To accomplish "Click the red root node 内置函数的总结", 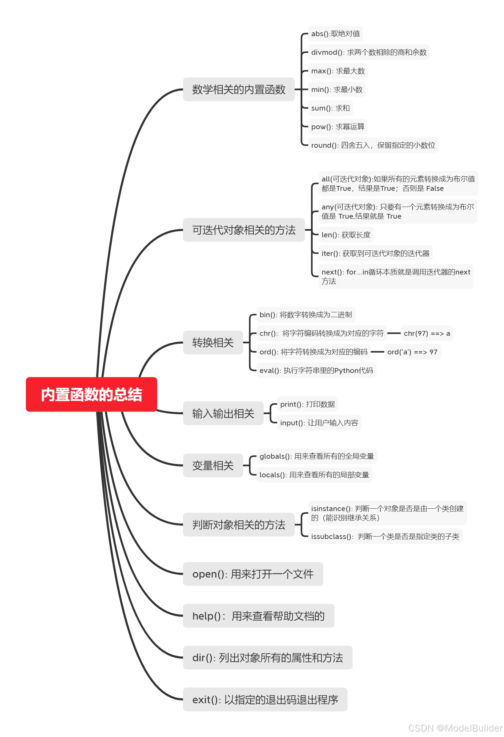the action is [x=91, y=394].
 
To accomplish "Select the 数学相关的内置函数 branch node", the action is [x=239, y=90].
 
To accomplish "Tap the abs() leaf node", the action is [x=335, y=34].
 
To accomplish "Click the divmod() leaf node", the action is [x=369, y=52].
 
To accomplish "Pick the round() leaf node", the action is [x=373, y=145].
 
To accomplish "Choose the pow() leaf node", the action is [x=337, y=127].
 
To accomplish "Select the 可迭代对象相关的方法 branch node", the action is [x=244, y=230].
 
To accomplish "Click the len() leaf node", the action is [x=346, y=235].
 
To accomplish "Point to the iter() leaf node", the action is [x=375, y=253].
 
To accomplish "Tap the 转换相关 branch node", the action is [x=213, y=343].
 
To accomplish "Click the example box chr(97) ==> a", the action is [x=427, y=333].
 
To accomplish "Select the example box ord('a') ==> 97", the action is [x=412, y=352].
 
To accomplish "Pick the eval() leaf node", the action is [x=316, y=371].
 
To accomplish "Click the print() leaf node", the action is [x=307, y=404].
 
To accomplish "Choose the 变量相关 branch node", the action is [x=213, y=466].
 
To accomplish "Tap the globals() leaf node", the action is [x=316, y=456].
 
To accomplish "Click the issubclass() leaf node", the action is [x=385, y=537].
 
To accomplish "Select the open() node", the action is [x=253, y=574].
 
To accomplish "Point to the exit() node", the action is [x=265, y=700].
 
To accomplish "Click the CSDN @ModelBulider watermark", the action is [x=455, y=728].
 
